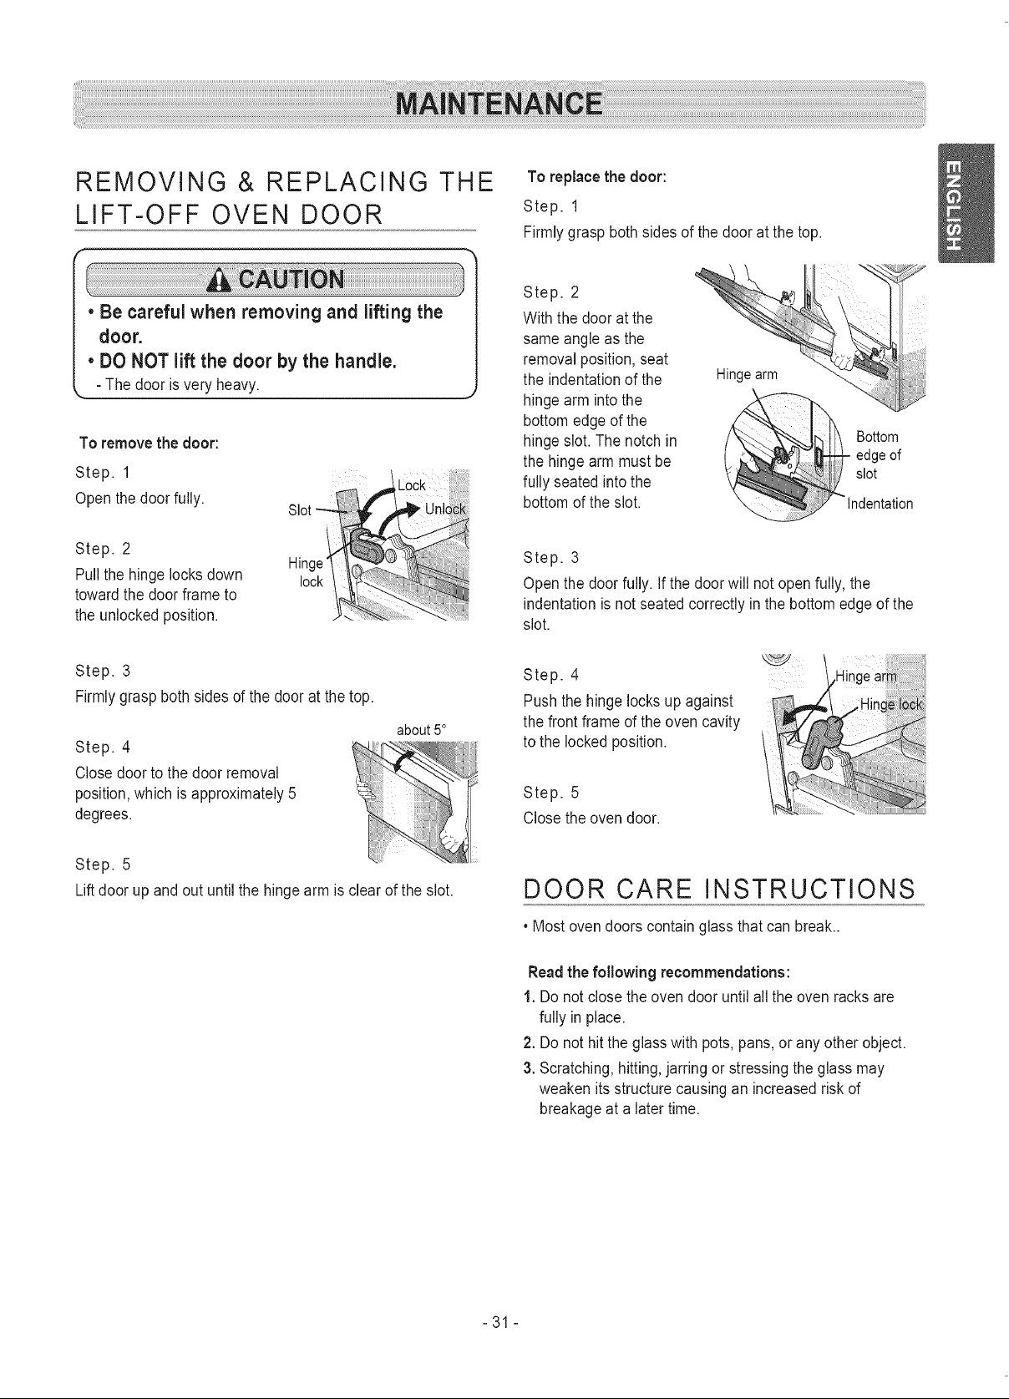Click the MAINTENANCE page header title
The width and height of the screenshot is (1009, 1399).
coord(499,104)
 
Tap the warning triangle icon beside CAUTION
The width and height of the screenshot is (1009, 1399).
coord(220,281)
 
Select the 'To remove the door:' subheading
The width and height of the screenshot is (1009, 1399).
coord(149,444)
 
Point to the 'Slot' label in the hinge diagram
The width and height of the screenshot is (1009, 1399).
coord(299,510)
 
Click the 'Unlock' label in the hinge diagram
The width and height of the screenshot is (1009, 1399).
coord(445,509)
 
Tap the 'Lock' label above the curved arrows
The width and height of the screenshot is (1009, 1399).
coord(412,485)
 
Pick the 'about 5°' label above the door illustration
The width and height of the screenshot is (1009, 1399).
coord(422,729)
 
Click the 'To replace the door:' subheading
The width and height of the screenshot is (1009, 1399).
coord(597,177)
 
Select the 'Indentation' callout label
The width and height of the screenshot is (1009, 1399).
coord(880,504)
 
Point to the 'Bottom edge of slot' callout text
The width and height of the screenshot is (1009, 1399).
coord(878,454)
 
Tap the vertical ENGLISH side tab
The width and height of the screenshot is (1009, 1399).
coord(966,203)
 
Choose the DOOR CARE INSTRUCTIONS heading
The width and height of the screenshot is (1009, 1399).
coord(719,888)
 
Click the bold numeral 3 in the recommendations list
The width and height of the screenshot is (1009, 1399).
coord(528,1067)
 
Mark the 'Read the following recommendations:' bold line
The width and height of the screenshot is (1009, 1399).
coord(660,972)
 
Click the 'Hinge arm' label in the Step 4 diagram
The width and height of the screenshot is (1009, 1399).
coord(866,677)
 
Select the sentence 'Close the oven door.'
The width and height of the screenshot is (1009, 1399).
coord(591,819)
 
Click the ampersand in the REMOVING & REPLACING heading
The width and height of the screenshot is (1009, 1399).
coord(246,182)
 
